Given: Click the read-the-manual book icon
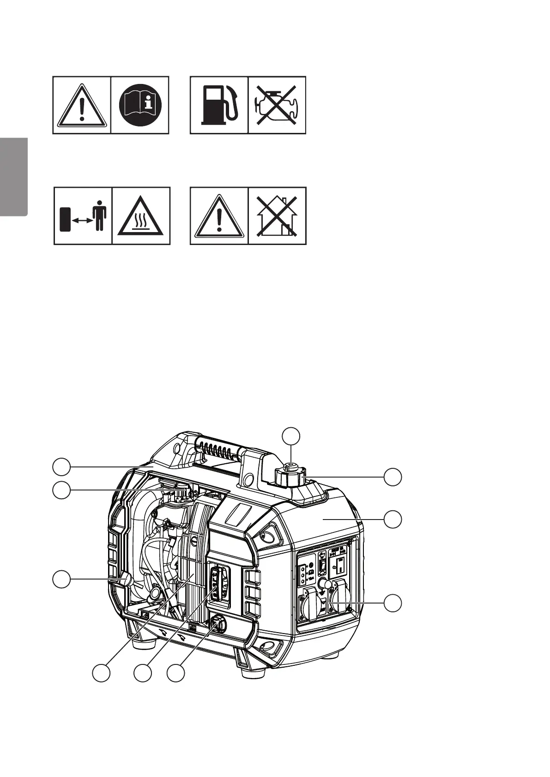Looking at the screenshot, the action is (139, 105).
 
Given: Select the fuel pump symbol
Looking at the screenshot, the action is (219, 105).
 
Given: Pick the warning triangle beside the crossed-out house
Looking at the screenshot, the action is (219, 216).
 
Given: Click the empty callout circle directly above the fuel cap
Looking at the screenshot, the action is (291, 436).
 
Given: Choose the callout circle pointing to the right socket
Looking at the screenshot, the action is (393, 603).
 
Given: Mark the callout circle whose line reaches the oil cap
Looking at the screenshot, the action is (176, 673).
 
